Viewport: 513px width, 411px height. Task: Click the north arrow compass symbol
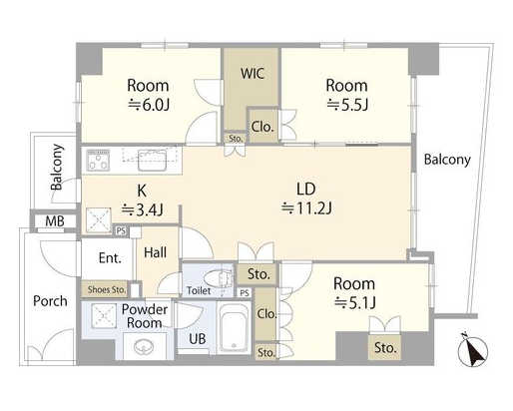[473, 351]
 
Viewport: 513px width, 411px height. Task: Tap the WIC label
[253, 74]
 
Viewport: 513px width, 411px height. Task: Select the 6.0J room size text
[149, 105]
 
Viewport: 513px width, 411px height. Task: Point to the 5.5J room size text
[347, 105]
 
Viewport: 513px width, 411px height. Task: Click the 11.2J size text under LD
[306, 208]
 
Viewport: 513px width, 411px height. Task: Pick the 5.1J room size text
[355, 302]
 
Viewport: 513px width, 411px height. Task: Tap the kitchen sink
[152, 161]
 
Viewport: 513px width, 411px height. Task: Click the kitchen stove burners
[98, 161]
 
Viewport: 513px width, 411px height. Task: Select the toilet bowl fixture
[218, 277]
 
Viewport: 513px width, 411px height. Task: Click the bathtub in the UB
[234, 328]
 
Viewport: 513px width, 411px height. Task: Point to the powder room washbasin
[144, 347]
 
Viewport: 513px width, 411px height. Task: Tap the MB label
[55, 221]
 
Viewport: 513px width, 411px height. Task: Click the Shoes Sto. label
[107, 289]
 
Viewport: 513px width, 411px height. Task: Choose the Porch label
[50, 301]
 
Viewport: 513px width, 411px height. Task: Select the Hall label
[156, 252]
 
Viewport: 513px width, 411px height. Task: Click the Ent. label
[110, 258]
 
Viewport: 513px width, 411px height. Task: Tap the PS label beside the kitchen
[121, 230]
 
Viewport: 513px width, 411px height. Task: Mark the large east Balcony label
[447, 160]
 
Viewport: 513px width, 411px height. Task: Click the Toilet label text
[199, 290]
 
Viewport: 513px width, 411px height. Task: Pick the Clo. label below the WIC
[262, 127]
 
